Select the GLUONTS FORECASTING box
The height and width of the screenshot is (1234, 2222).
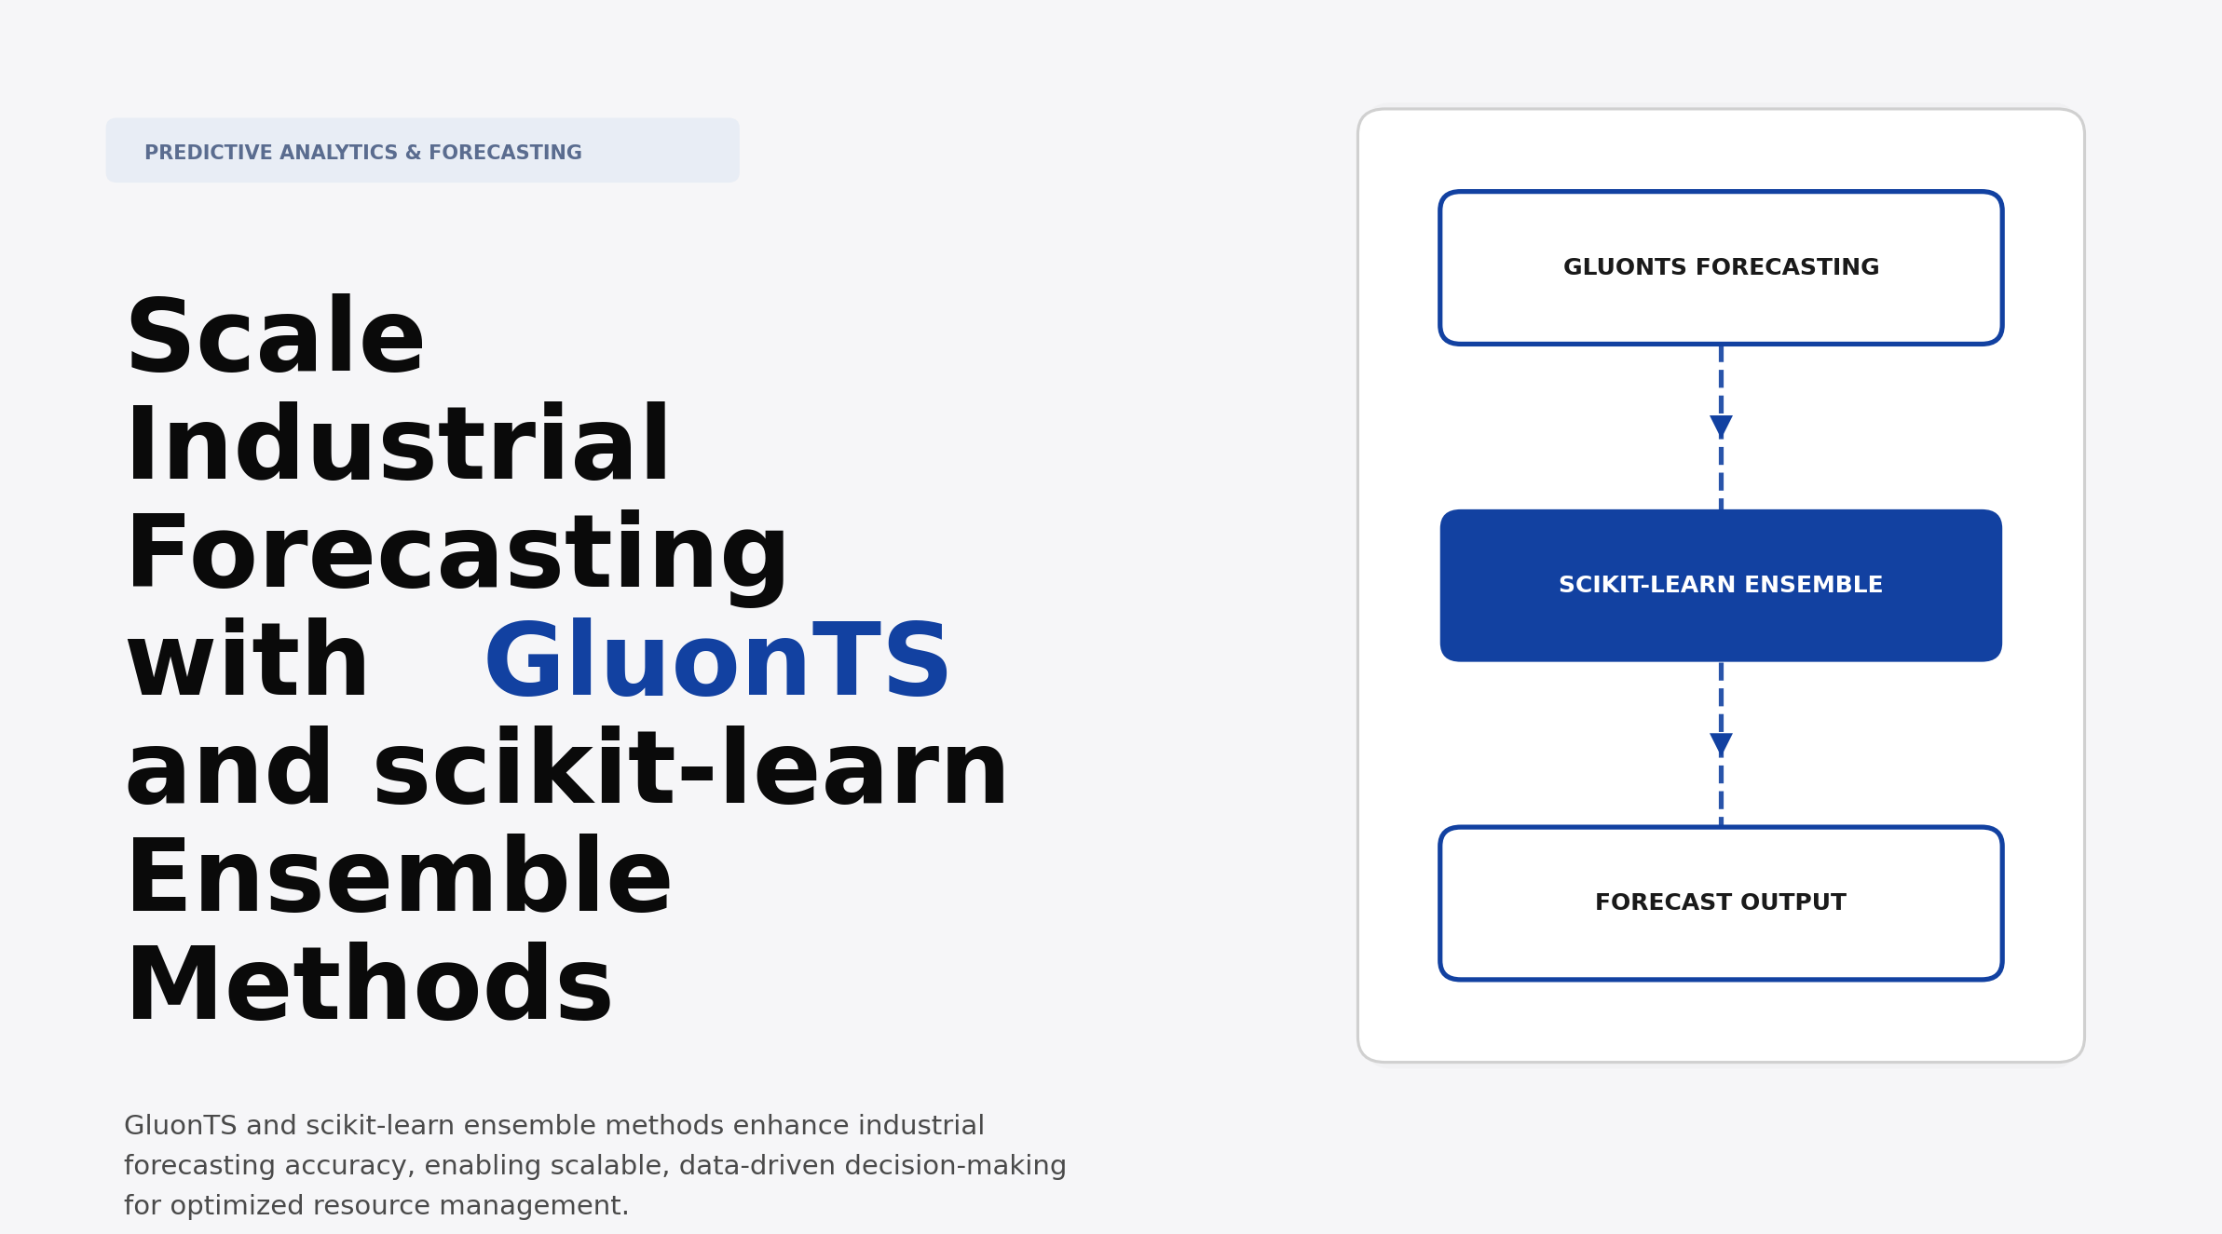[1721, 268]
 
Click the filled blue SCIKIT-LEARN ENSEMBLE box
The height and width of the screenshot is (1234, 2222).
[1721, 586]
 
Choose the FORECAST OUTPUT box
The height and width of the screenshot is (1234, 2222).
[1721, 902]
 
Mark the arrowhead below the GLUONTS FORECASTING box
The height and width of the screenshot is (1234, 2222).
[1721, 427]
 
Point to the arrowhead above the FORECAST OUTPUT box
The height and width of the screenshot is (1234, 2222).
[1721, 744]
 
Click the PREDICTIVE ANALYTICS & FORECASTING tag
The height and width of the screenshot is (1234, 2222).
[422, 151]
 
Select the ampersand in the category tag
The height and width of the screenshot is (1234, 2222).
[414, 153]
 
